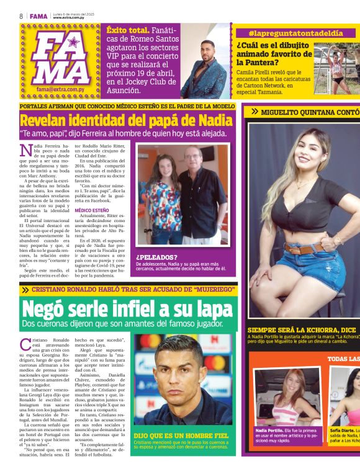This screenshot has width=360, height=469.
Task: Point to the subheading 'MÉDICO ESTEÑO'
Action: (92, 210)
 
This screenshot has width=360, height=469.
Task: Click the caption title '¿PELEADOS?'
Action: (157, 257)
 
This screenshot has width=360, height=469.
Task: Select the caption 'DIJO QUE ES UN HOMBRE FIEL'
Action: (176, 436)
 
